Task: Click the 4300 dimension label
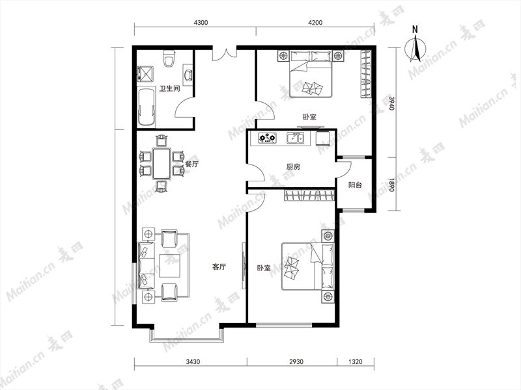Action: (201, 23)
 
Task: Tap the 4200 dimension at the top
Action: (315, 23)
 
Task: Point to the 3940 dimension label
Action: (392, 103)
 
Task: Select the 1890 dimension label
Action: (392, 185)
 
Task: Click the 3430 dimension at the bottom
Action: (193, 361)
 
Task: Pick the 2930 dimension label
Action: (296, 361)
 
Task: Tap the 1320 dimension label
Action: (355, 361)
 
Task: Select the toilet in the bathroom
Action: (169, 58)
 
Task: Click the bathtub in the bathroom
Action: (146, 107)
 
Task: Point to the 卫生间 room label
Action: (169, 88)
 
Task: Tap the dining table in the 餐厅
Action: (162, 164)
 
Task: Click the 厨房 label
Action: (293, 167)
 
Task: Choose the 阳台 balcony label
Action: (355, 185)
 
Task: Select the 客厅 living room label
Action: (219, 266)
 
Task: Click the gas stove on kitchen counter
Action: (268, 138)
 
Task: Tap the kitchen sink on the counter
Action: (296, 138)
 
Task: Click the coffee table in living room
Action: (169, 266)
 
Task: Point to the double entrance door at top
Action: (225, 55)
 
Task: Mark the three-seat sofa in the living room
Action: (147, 265)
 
